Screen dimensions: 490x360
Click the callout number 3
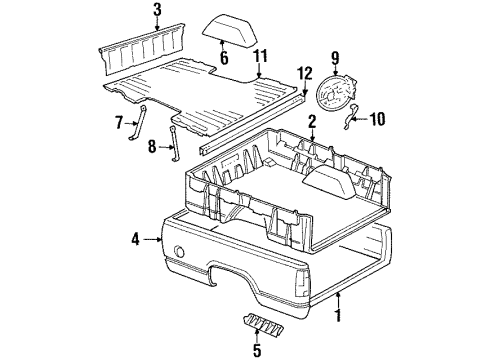pyautogui.click(x=157, y=11)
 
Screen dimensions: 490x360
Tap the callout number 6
pyautogui.click(x=224, y=58)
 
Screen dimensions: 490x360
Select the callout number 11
pyautogui.click(x=260, y=56)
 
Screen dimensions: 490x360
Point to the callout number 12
pyautogui.click(x=306, y=74)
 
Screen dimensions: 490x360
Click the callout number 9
pyautogui.click(x=335, y=58)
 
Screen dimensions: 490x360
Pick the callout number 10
pyautogui.click(x=377, y=119)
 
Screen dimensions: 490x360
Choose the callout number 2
pyautogui.click(x=312, y=122)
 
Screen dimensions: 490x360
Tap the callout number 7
pyautogui.click(x=119, y=122)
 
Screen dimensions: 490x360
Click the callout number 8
pyautogui.click(x=152, y=146)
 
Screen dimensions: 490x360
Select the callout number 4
pyautogui.click(x=135, y=239)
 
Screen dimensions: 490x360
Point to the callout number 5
pyautogui.click(x=257, y=350)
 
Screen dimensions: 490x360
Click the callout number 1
pyautogui.click(x=338, y=315)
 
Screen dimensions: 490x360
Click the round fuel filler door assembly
pyautogui.click(x=335, y=91)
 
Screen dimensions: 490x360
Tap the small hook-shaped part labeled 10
pyautogui.click(x=350, y=116)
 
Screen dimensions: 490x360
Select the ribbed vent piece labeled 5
pyautogui.click(x=264, y=324)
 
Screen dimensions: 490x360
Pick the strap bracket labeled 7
pyautogui.click(x=138, y=122)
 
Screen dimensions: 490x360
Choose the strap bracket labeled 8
pyautogui.click(x=175, y=144)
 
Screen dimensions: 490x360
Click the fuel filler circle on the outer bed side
pyautogui.click(x=180, y=251)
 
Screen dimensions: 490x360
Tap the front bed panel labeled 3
pyautogui.click(x=143, y=49)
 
